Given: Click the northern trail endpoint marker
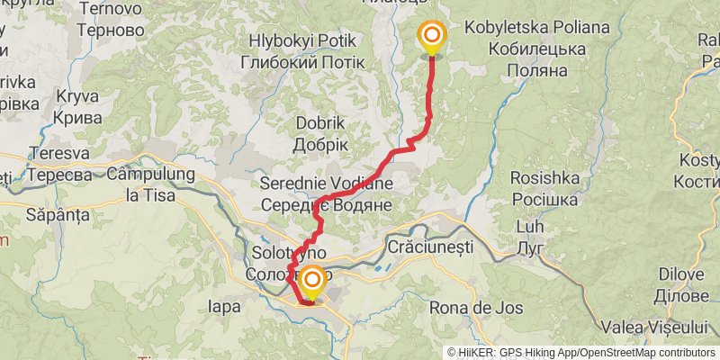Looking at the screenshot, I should [432, 37].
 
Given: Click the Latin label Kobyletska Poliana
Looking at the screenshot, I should [536, 29].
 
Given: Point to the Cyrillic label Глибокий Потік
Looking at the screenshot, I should [302, 62].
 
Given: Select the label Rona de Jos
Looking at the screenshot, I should [482, 308].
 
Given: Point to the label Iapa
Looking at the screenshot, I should [224, 307].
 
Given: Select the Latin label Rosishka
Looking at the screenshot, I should [544, 178].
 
